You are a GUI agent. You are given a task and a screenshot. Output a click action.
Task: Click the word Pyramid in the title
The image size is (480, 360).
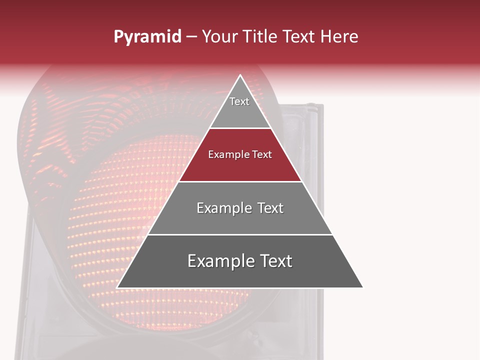[x=147, y=37]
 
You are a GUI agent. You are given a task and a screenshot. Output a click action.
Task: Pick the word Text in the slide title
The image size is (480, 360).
[x=298, y=36]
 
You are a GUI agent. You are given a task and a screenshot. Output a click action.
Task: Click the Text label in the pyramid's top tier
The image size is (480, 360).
[x=239, y=101]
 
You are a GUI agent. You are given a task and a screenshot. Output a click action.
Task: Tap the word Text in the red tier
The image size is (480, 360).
[x=262, y=155]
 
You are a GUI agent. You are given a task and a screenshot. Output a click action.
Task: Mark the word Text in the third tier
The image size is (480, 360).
[x=270, y=208]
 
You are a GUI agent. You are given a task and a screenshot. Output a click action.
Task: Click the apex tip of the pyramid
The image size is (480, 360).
[x=240, y=75]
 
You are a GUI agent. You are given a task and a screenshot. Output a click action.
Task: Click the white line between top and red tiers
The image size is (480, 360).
[x=240, y=128]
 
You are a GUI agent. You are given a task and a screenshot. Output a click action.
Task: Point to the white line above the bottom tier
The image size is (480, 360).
[x=240, y=234]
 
